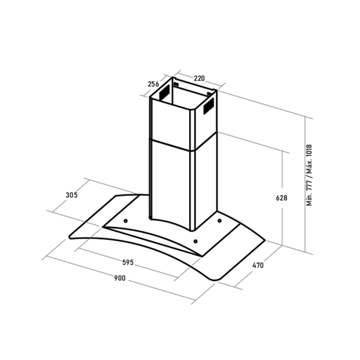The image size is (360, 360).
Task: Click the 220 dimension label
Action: pos(199,78)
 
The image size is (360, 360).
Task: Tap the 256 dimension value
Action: pos(153,84)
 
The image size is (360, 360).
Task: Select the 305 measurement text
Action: pos(72,195)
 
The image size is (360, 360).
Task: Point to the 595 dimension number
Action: pos(128,262)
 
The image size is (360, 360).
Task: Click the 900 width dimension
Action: pos(120,278)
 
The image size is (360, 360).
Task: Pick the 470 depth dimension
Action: pos(258,265)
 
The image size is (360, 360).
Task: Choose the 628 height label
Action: pos(282,198)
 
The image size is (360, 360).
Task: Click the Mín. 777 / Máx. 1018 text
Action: pos(309,175)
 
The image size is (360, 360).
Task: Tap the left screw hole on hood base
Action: pos(126,221)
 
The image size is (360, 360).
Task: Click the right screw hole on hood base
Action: pos(220,221)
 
